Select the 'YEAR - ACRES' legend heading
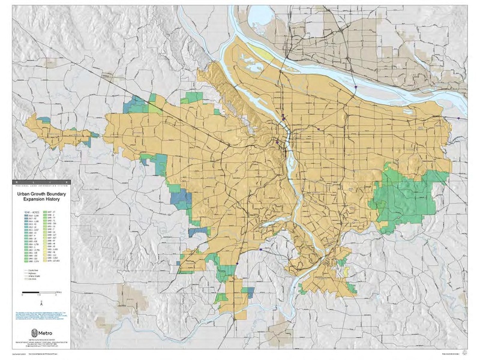pos(23,211)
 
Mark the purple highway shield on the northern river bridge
pos(356,87)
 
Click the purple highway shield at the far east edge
pos(458,119)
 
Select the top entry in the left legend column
pos(23,215)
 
